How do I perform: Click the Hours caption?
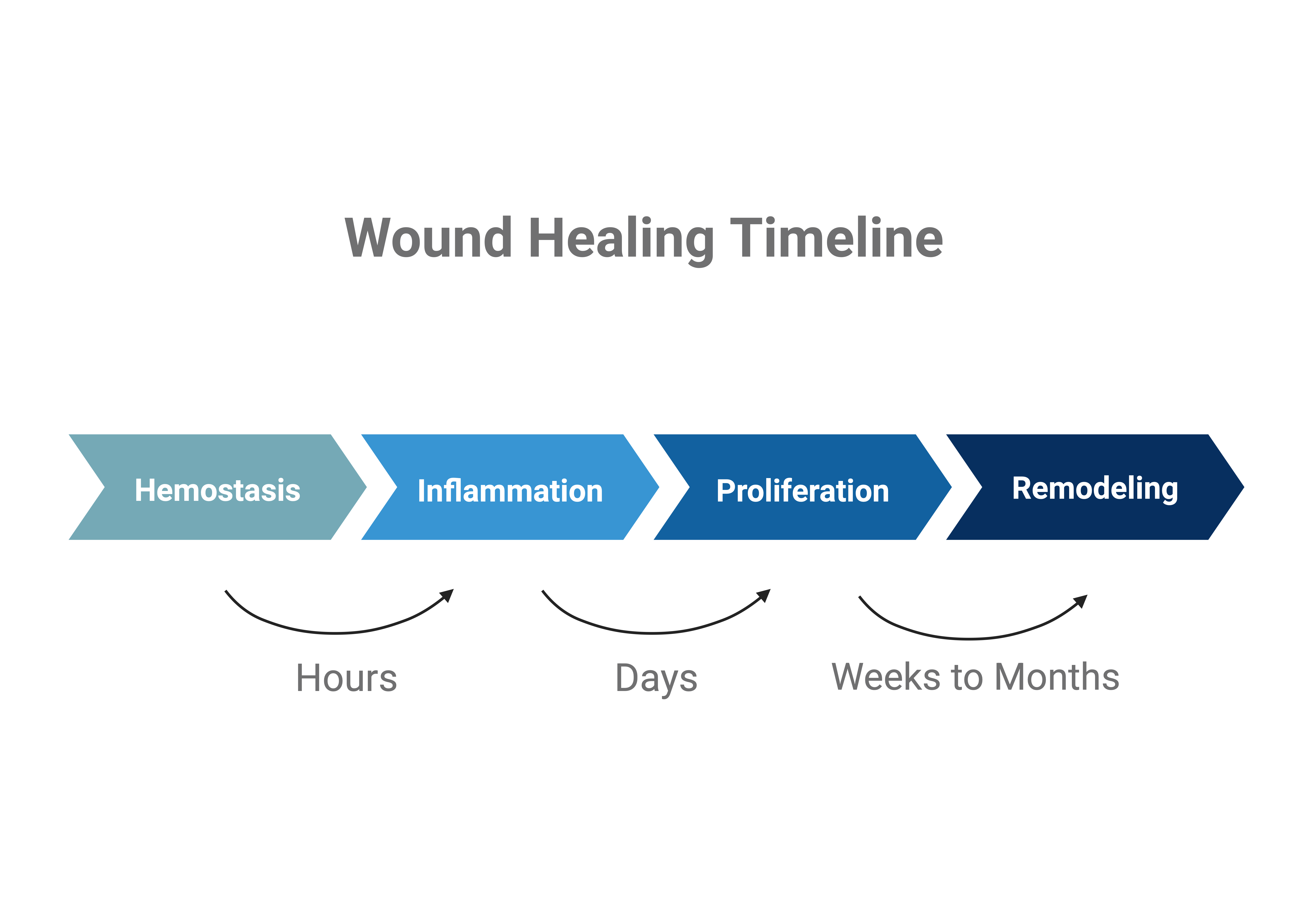coord(347,678)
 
